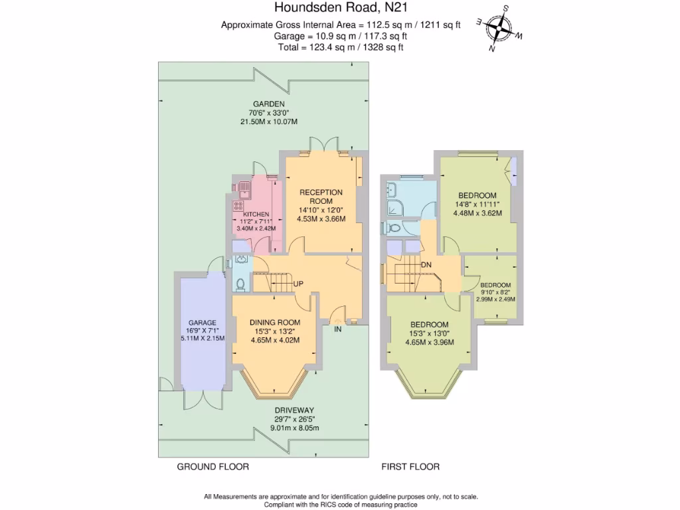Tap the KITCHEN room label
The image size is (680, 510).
coord(256,214)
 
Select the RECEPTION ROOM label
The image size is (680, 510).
coord(321,196)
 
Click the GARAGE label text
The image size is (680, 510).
coord(202,323)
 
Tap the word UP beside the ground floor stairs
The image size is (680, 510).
coord(299,284)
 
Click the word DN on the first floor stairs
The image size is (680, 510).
coord(426,264)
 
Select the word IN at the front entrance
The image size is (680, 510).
coord(338,329)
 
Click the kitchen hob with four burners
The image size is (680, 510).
coord(238,207)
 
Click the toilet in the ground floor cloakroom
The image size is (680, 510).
coord(240,284)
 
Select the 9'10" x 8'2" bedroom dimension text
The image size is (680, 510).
coord(495,292)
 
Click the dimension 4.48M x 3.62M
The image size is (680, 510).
coord(477,213)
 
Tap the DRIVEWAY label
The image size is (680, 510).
coord(294,410)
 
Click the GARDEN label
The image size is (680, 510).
coord(268,104)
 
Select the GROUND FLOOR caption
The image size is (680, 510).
coord(212,467)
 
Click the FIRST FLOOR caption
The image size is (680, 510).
coord(410,467)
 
